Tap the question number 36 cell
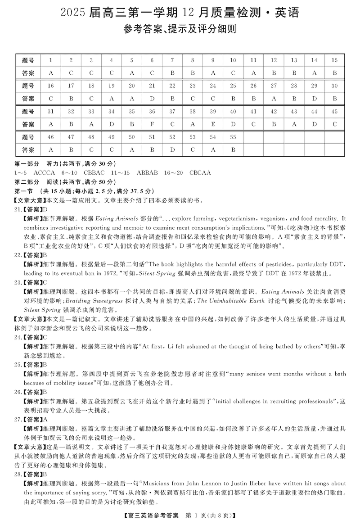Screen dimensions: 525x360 152,112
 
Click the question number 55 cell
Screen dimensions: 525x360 233,137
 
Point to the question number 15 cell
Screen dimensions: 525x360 334,60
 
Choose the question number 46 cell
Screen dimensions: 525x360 50,137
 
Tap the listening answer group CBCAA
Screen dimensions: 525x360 200,172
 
